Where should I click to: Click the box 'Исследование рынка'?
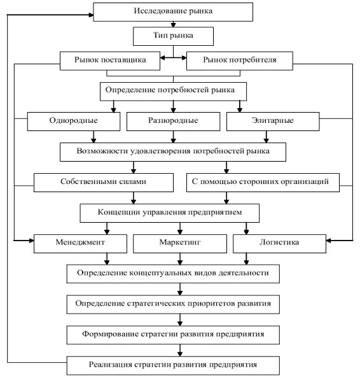point(173,12)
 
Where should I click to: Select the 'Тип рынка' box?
point(173,36)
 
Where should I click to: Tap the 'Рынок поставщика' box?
point(110,60)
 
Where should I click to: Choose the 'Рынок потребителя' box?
point(240,60)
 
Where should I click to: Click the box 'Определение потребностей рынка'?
point(173,92)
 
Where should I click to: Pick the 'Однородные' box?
point(74,122)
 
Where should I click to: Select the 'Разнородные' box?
point(173,122)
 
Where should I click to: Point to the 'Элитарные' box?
point(273,122)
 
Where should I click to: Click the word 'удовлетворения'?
point(161,151)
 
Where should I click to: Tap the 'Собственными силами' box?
point(104,183)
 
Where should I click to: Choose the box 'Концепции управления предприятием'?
point(170,213)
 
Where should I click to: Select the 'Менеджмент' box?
point(80,244)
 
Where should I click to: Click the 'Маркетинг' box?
point(180,244)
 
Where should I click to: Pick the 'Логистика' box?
point(279,244)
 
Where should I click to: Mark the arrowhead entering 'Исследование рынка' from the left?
point(91,15)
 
